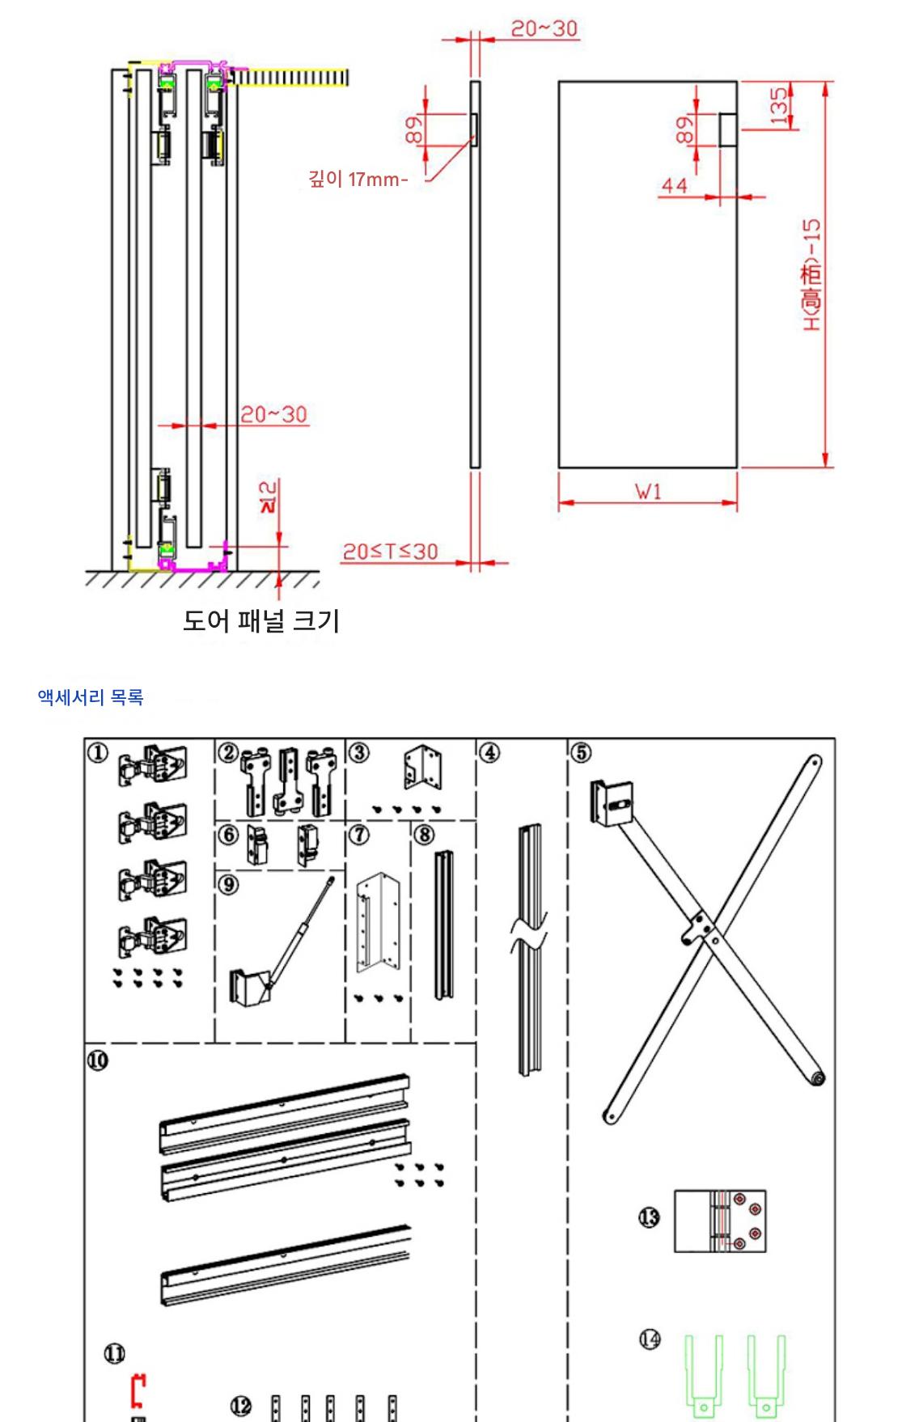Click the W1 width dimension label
[648, 491]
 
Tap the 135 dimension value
[778, 106]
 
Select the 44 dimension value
[674, 186]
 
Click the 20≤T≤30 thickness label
[390, 552]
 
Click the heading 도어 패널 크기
[260, 620]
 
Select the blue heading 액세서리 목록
[91, 696]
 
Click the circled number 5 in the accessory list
[581, 752]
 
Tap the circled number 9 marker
[229, 884]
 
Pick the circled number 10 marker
[97, 1060]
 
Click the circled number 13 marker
[649, 1217]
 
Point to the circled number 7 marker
[359, 834]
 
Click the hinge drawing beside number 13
[720, 1221]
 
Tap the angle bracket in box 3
[423, 768]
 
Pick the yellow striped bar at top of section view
[291, 78]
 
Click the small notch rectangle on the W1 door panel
[728, 129]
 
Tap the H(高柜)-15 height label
[811, 275]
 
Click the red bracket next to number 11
[138, 1390]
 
